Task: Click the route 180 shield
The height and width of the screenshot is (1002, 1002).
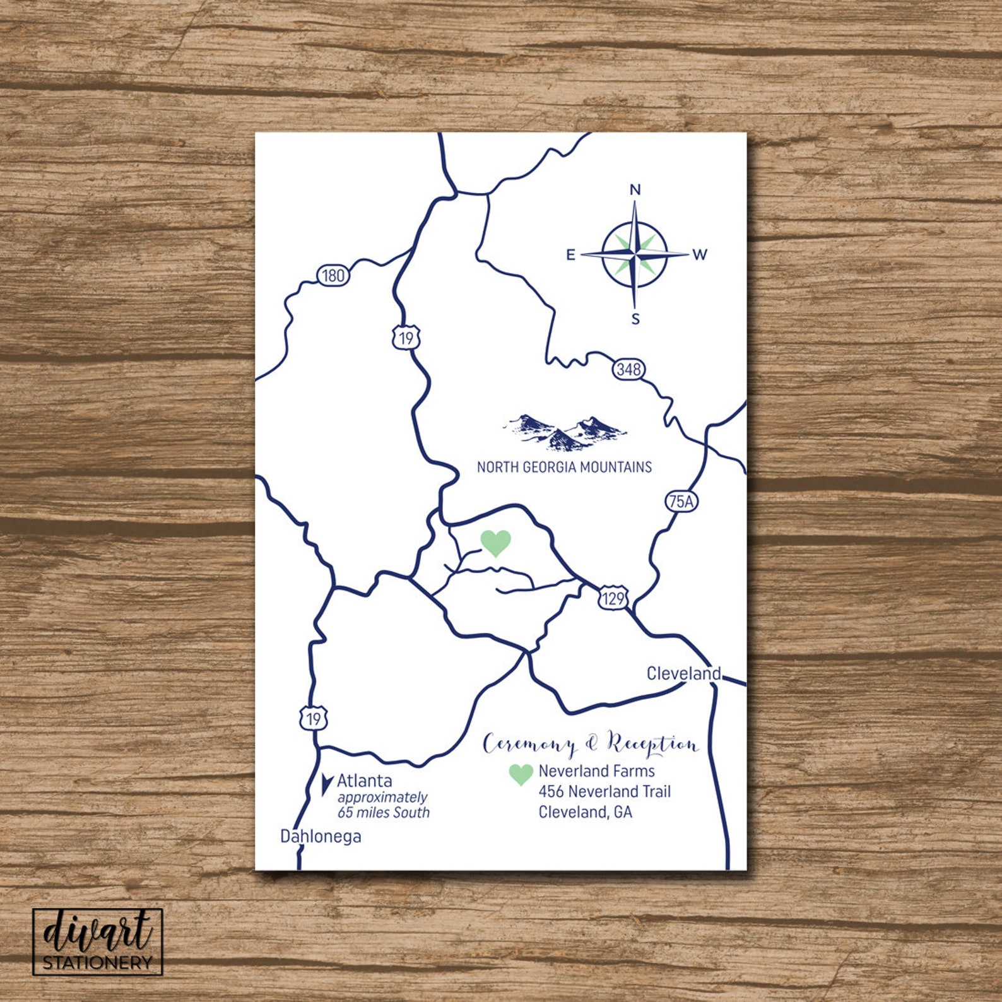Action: pyautogui.click(x=333, y=275)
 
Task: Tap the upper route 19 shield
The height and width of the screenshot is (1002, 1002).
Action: pyautogui.click(x=406, y=338)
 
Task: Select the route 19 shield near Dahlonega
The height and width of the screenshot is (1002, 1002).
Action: pyautogui.click(x=314, y=718)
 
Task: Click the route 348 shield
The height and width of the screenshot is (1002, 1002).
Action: pyautogui.click(x=628, y=369)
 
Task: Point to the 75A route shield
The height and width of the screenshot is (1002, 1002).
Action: pyautogui.click(x=681, y=502)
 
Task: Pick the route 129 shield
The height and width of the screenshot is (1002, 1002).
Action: pyautogui.click(x=613, y=598)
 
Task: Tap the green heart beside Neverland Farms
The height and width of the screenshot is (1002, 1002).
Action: pyautogui.click(x=521, y=774)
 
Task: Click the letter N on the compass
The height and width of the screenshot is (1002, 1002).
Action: pyautogui.click(x=635, y=189)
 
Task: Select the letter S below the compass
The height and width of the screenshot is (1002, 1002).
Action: pyautogui.click(x=635, y=319)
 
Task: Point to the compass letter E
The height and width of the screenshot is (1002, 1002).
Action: pyautogui.click(x=570, y=255)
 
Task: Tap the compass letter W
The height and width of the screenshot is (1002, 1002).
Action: pyautogui.click(x=700, y=255)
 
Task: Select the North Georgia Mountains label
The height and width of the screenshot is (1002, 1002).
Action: pyautogui.click(x=564, y=468)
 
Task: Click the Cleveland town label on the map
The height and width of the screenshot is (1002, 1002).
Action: pyautogui.click(x=683, y=674)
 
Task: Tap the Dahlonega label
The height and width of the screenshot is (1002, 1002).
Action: pyautogui.click(x=321, y=837)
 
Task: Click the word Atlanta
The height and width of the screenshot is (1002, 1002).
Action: pyautogui.click(x=364, y=781)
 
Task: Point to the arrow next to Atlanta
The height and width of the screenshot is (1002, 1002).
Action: pyautogui.click(x=327, y=783)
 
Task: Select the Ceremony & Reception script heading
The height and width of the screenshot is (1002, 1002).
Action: pyautogui.click(x=591, y=745)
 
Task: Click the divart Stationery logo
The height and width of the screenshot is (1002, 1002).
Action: pyautogui.click(x=98, y=941)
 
